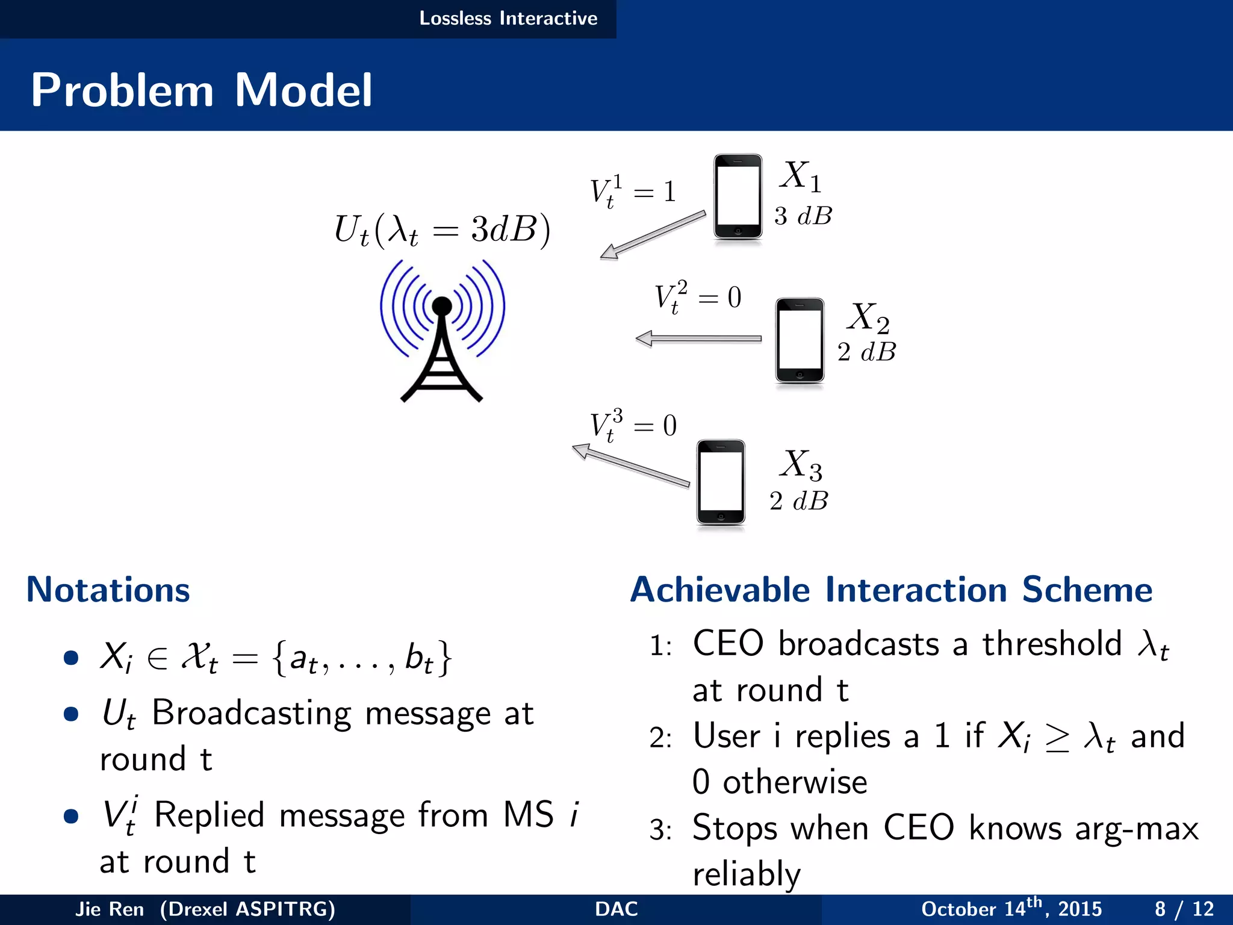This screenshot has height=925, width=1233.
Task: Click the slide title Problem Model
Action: (201, 90)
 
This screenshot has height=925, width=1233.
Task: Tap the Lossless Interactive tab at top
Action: (508, 19)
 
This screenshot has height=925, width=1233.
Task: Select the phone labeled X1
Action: (738, 197)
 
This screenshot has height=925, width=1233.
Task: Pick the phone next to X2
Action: (800, 340)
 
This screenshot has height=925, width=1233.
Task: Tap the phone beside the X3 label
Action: (721, 483)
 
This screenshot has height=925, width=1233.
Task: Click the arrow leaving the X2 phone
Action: (699, 339)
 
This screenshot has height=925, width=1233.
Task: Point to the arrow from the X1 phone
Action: (653, 235)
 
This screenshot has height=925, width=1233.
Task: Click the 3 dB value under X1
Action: (803, 216)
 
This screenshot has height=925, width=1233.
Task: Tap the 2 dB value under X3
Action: (798, 501)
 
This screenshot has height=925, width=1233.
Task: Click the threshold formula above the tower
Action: (442, 230)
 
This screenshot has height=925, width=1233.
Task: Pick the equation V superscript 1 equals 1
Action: (632, 192)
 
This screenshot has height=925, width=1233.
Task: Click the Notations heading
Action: (108, 590)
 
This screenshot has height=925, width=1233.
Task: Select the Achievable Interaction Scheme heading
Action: (891, 590)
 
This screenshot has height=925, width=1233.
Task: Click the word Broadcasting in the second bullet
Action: (251, 714)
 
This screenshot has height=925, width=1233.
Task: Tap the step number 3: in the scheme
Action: (660, 830)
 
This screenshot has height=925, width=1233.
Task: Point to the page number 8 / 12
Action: (1184, 909)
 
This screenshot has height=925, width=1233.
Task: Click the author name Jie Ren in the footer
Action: (109, 909)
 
